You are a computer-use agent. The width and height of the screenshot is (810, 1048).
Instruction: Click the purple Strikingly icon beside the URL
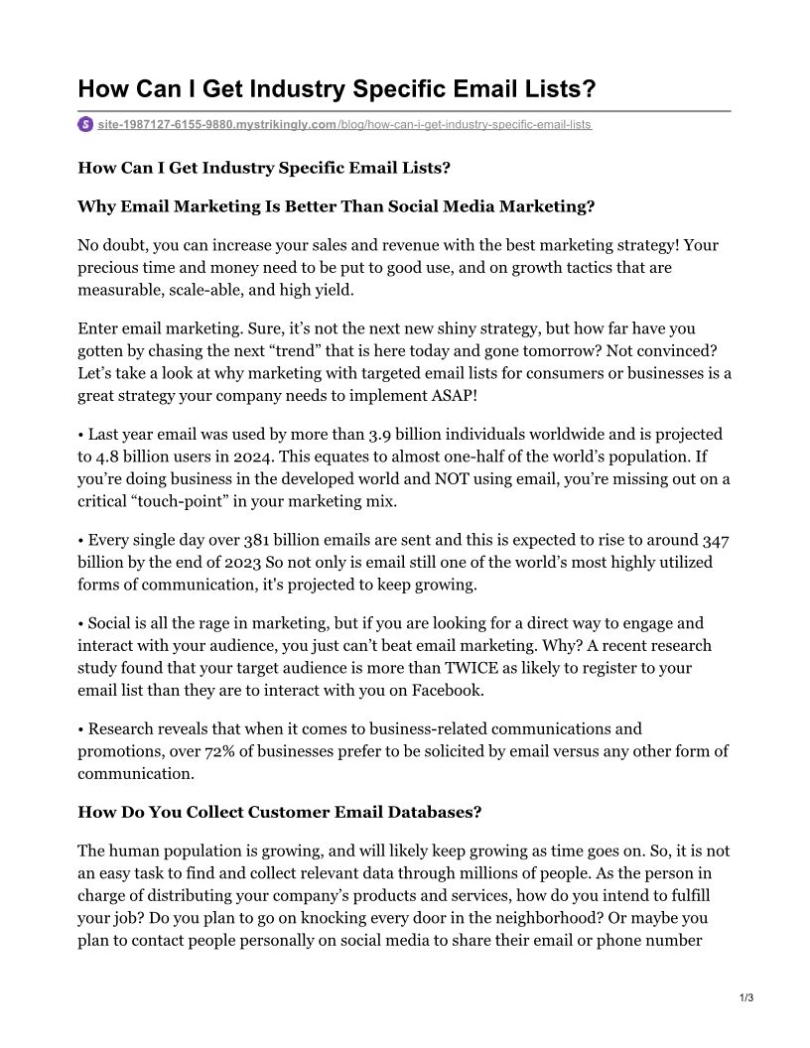click(x=85, y=124)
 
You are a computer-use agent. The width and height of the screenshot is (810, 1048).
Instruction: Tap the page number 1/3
click(x=747, y=997)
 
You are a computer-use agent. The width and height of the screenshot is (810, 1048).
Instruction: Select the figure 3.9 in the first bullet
click(x=381, y=435)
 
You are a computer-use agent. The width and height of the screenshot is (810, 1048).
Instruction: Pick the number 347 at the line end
click(x=716, y=541)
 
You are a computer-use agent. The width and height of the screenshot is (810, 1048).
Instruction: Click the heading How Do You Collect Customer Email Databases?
click(x=280, y=812)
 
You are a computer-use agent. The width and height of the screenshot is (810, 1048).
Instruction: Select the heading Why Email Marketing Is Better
click(x=337, y=205)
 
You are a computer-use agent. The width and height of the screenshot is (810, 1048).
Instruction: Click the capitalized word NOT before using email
click(x=447, y=479)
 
